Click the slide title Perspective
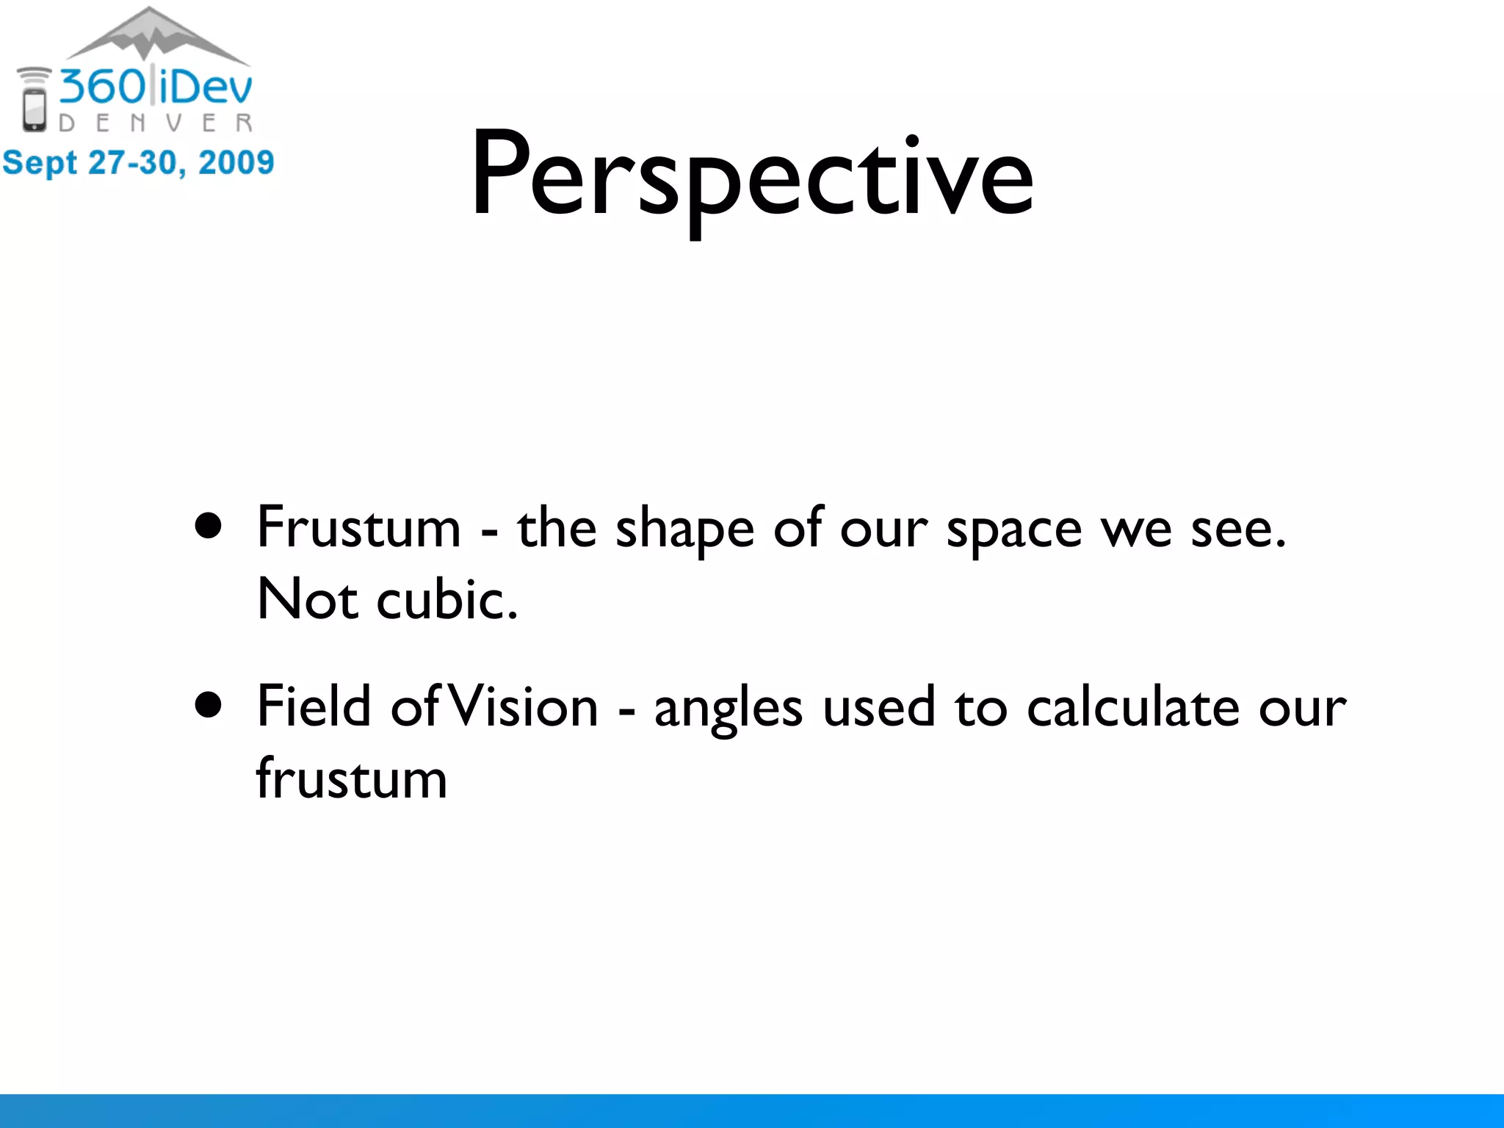752,176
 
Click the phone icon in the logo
34,110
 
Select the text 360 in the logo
103,87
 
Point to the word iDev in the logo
206,87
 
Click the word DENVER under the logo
156,123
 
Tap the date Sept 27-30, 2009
138,162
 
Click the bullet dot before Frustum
209,526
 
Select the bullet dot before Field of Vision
209,705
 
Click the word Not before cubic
307,599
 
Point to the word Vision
523,706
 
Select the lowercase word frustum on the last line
351,778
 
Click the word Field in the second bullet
314,706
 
